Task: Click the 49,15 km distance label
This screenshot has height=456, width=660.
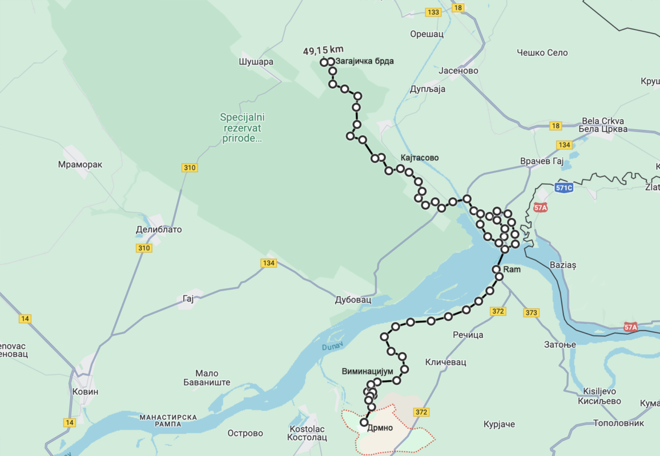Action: click(x=323, y=51)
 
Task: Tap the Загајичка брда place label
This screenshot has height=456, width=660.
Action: click(x=365, y=61)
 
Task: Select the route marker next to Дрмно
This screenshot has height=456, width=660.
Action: click(x=364, y=422)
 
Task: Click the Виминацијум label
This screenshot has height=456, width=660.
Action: click(x=368, y=371)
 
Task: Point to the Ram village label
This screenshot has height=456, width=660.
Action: click(x=512, y=269)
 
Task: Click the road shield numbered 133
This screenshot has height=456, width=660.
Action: click(x=433, y=13)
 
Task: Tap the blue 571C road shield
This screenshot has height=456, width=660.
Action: click(x=564, y=188)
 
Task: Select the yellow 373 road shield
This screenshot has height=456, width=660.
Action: click(x=531, y=312)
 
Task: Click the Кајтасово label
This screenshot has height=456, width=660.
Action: click(x=420, y=157)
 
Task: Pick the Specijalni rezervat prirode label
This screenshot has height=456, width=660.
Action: click(x=243, y=127)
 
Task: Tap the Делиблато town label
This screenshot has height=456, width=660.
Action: click(x=159, y=230)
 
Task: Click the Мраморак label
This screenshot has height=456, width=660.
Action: click(x=80, y=164)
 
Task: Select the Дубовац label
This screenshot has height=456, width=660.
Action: click(x=353, y=299)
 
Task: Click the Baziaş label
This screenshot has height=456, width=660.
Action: click(x=562, y=265)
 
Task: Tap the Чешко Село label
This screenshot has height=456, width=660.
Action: click(x=542, y=52)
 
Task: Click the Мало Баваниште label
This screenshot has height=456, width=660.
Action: click(x=207, y=378)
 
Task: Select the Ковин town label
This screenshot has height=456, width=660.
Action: click(x=86, y=392)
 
